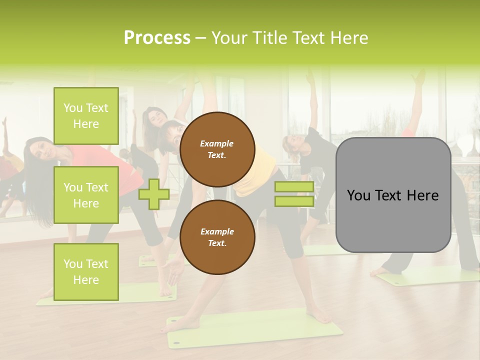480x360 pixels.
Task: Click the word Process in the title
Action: [x=157, y=38]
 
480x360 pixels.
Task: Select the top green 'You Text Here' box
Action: [x=86, y=116]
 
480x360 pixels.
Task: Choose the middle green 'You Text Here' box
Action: [x=86, y=195]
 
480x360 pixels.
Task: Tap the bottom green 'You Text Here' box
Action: [x=86, y=272]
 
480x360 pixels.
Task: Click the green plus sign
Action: [x=154, y=194]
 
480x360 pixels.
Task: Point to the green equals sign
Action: [x=294, y=194]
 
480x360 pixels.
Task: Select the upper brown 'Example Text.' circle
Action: [x=217, y=149]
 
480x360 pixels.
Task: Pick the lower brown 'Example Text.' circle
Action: [x=217, y=237]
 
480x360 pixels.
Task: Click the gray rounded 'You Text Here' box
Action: [x=393, y=195]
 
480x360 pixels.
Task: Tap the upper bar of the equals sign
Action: [x=294, y=187]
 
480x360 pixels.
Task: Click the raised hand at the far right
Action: [x=417, y=77]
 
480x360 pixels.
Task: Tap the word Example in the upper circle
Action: [x=217, y=143]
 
